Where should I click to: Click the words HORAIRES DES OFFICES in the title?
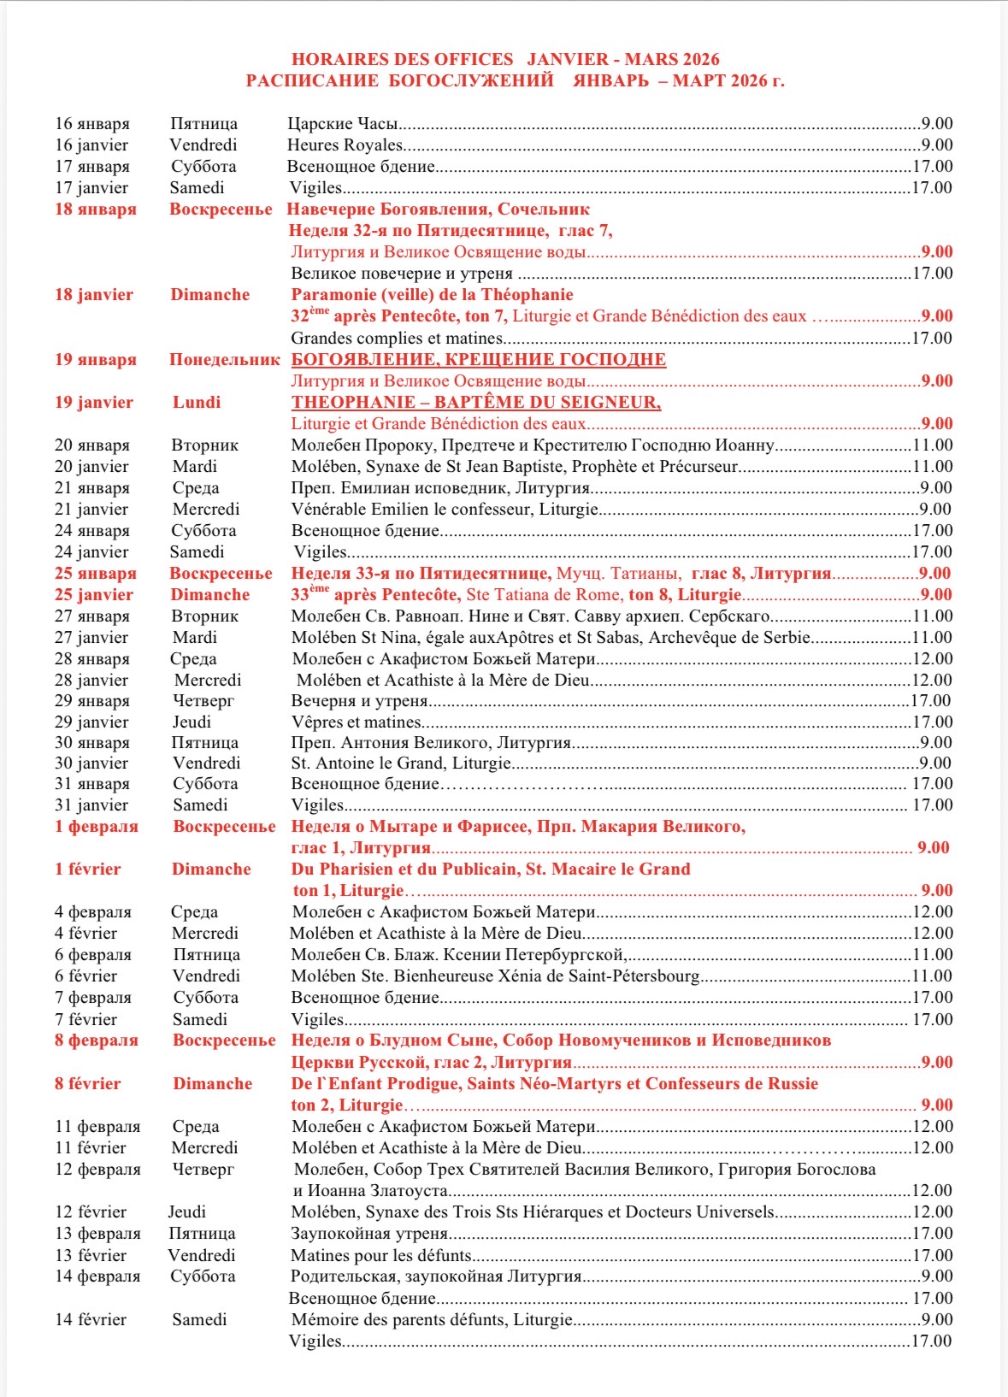pyautogui.click(x=402, y=60)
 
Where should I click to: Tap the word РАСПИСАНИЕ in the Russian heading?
pyautogui.click(x=312, y=81)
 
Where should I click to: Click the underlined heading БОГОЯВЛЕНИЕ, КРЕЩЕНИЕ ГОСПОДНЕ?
pyautogui.click(x=478, y=360)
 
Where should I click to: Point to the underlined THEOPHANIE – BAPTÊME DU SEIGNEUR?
pyautogui.click(x=475, y=403)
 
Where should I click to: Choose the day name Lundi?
pyautogui.click(x=197, y=403)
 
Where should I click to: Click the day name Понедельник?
pyautogui.click(x=224, y=360)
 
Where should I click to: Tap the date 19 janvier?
pyautogui.click(x=94, y=403)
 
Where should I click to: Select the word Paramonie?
pyautogui.click(x=333, y=295)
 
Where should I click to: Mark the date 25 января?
pyautogui.click(x=96, y=574)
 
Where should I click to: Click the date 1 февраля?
pyautogui.click(x=97, y=827)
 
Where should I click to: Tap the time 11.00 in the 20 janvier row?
pyautogui.click(x=932, y=467)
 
